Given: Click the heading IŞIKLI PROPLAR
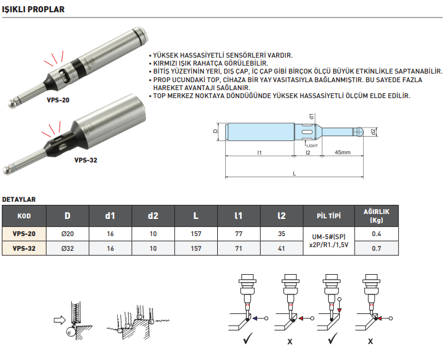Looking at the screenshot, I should coord(33,10).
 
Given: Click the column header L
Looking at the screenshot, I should coord(196,215).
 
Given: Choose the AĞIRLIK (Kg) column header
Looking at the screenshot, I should coord(377,215).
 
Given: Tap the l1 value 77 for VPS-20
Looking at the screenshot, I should coord(239,234).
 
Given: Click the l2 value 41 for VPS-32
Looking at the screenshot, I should coord(282,249).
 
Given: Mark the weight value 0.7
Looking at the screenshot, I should coord(377,249).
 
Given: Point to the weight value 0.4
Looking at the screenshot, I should coord(377,234).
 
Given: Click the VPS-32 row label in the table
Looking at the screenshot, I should coord(24,249).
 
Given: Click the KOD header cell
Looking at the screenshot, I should coord(24,216).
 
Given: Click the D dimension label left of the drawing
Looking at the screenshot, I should coord(216,131).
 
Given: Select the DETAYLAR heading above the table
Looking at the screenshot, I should coord(19,199).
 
